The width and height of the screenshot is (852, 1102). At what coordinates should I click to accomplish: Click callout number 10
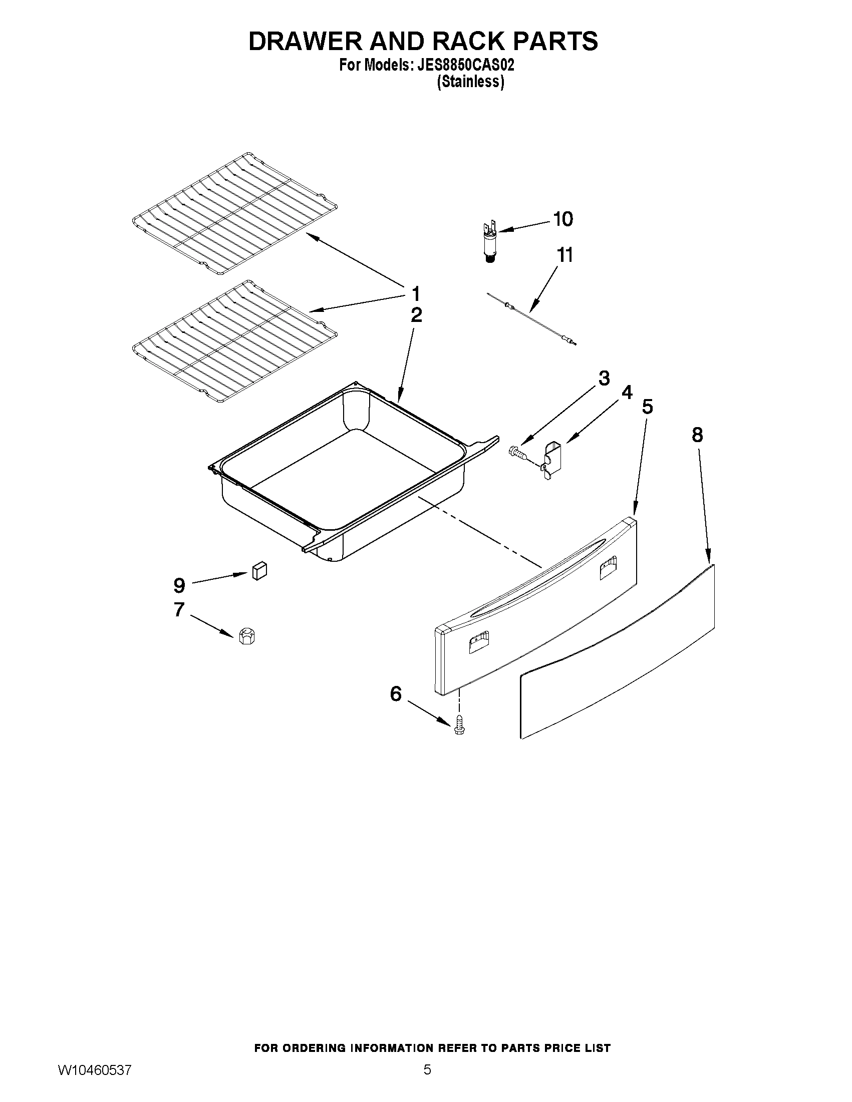pyautogui.click(x=563, y=219)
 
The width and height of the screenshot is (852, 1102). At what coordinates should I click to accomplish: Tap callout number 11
pyautogui.click(x=565, y=255)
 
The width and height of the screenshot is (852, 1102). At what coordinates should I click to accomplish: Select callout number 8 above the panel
pyautogui.click(x=697, y=435)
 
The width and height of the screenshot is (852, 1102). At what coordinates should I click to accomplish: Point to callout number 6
pyautogui.click(x=396, y=694)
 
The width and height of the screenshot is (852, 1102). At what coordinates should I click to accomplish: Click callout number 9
pyautogui.click(x=179, y=586)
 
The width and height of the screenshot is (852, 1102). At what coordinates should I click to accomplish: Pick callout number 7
pyautogui.click(x=179, y=609)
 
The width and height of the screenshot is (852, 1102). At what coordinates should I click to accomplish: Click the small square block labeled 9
pyautogui.click(x=259, y=572)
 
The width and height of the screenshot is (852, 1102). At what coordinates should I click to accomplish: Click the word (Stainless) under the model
pyautogui.click(x=470, y=82)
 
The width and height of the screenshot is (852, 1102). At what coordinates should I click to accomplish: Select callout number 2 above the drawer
pyautogui.click(x=416, y=315)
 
